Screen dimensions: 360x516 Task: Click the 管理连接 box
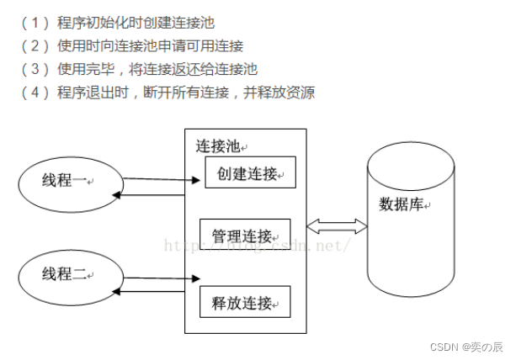pyautogui.click(x=244, y=234)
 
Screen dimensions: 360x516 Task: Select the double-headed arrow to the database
pyautogui.click(x=337, y=225)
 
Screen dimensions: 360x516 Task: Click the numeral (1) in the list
pyautogui.click(x=30, y=22)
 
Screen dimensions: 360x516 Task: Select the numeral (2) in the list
pyautogui.click(x=30, y=45)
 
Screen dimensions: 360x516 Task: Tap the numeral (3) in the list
pyautogui.click(x=30, y=69)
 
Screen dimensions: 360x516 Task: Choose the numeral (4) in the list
pyautogui.click(x=30, y=93)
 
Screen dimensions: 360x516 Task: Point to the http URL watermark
pyautogui.click(x=256, y=245)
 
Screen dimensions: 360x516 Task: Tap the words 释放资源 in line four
pyautogui.click(x=288, y=93)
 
